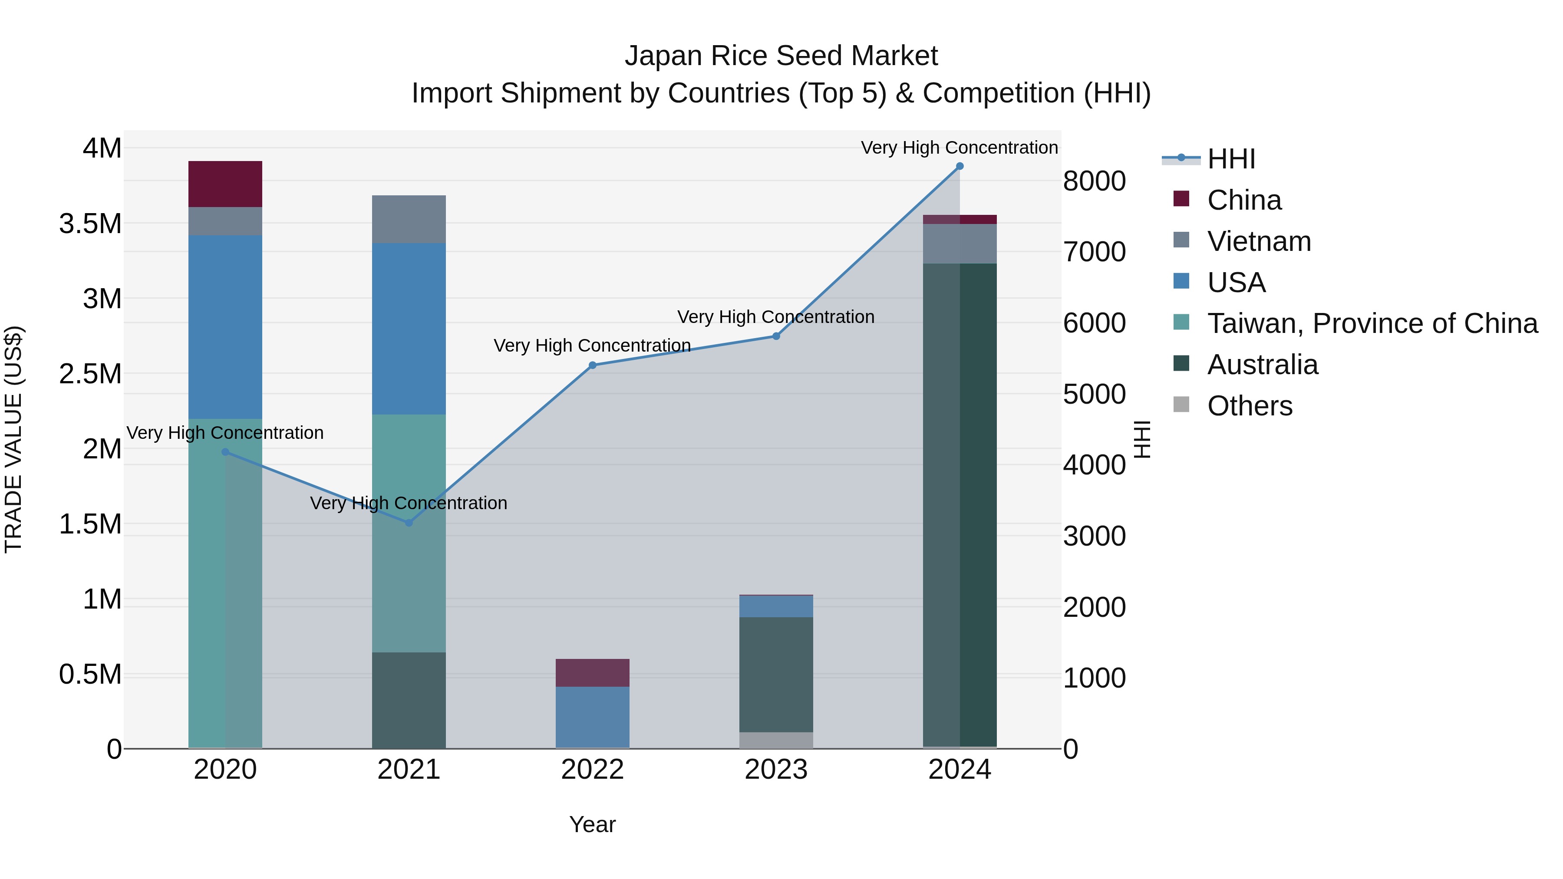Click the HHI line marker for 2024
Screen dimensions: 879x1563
pos(959,166)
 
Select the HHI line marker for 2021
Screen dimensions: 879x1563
pos(409,523)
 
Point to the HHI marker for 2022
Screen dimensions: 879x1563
pos(593,365)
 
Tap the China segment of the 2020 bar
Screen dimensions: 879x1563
pos(225,184)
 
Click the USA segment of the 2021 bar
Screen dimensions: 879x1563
pos(409,329)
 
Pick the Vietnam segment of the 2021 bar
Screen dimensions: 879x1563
pos(409,219)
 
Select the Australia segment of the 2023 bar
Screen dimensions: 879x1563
pos(776,675)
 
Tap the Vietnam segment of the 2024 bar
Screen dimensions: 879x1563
pos(959,244)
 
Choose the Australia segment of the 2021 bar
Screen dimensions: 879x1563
pos(409,700)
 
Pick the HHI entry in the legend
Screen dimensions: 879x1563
pos(1230,159)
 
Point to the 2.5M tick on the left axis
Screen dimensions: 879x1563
pos(90,374)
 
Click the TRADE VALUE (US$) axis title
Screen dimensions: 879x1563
pos(13,439)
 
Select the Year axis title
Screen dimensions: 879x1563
pos(592,824)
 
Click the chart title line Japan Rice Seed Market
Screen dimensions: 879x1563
pos(781,56)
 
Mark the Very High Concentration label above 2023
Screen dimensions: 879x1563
pos(775,317)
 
